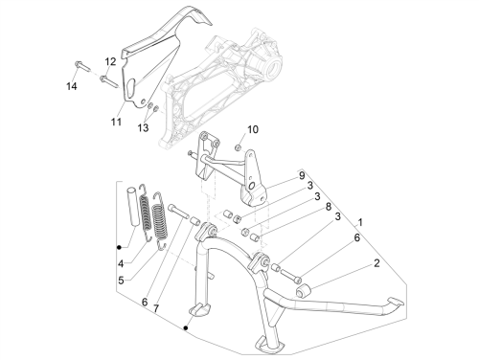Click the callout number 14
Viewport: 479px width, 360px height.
click(72, 86)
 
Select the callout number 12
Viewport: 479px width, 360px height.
click(110, 61)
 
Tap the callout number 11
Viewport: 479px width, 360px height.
click(116, 122)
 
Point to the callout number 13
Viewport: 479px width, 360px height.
click(143, 128)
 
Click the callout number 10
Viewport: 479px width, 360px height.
click(253, 129)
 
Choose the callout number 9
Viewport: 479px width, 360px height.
click(302, 175)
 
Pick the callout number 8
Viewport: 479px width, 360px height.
click(329, 207)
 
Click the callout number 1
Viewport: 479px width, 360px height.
click(360, 222)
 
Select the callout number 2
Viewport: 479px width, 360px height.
click(376, 263)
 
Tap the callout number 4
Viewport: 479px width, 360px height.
click(121, 264)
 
